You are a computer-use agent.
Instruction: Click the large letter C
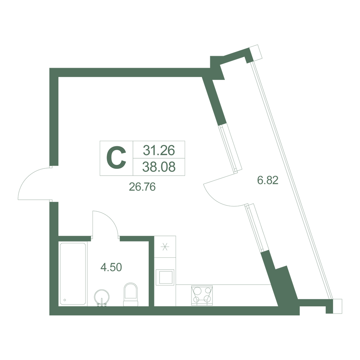pyautogui.click(x=116, y=158)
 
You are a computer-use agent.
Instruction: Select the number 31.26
pyautogui.click(x=159, y=150)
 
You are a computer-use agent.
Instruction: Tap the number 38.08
pyautogui.click(x=159, y=167)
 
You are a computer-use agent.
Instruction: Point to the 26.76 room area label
pyautogui.click(x=142, y=187)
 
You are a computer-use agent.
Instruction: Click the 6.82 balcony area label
pyautogui.click(x=268, y=180)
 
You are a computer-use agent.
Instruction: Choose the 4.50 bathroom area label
pyautogui.click(x=111, y=267)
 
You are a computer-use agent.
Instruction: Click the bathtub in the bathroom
pyautogui.click(x=73, y=274)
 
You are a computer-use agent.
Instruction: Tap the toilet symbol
pyautogui.click(x=131, y=294)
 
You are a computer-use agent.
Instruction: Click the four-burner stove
pyautogui.click(x=202, y=296)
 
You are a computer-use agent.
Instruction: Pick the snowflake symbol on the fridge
pyautogui.click(x=165, y=247)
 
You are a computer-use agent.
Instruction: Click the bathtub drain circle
pyautogui.click(x=65, y=300)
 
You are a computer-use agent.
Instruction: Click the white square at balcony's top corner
pyautogui.click(x=256, y=53)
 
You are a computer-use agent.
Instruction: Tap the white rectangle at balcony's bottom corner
pyautogui.click(x=337, y=306)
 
